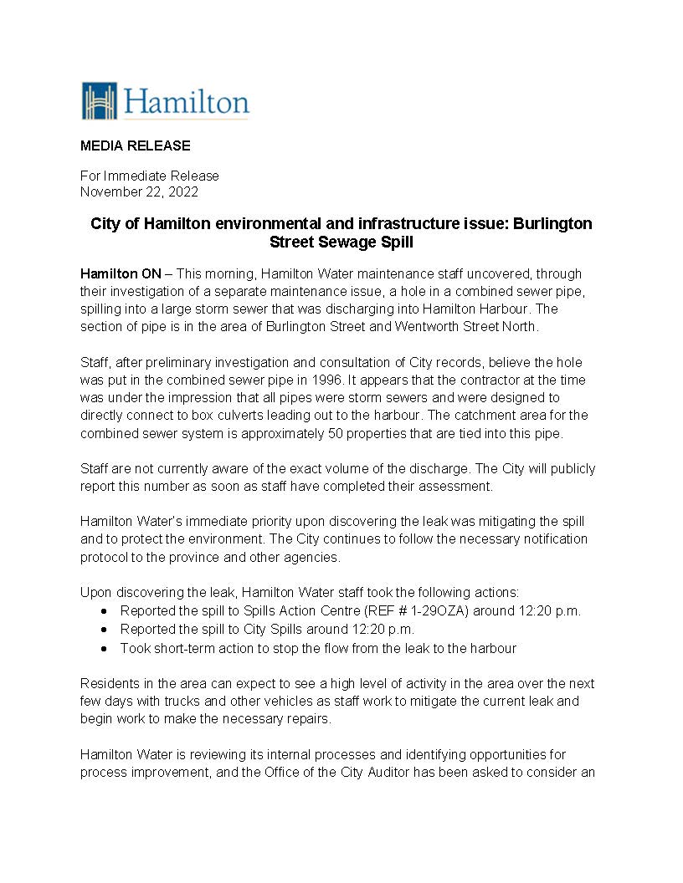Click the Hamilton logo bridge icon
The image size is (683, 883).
coord(99,101)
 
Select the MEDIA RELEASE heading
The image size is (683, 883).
coord(135,145)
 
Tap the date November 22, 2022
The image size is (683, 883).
coord(139,191)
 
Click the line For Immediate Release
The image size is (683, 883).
coord(149,176)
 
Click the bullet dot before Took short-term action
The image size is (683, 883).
coord(104,648)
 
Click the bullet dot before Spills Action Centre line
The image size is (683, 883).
coord(104,610)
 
